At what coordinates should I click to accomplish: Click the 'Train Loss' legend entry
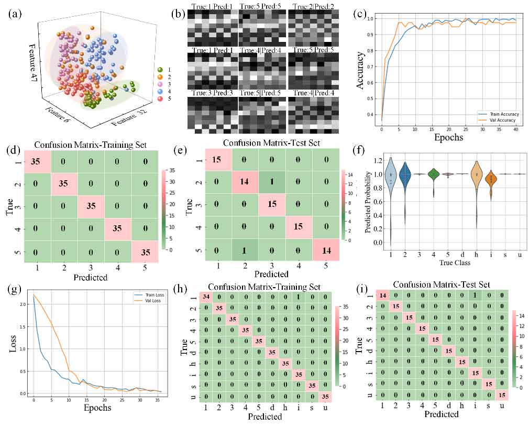click(x=152, y=296)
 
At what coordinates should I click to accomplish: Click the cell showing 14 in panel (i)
click(x=383, y=296)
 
